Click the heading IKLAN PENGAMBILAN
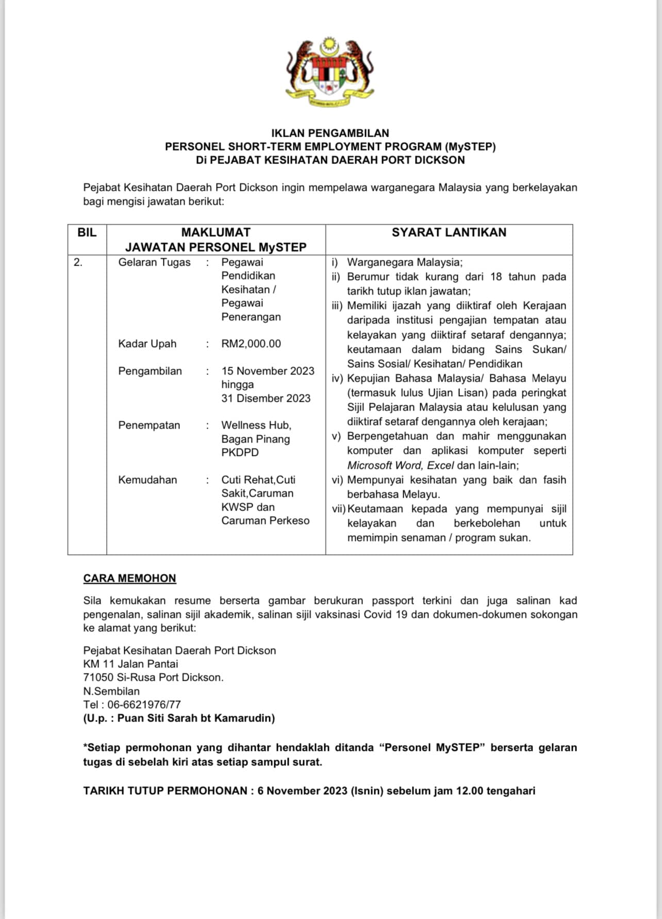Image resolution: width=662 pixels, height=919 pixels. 330,133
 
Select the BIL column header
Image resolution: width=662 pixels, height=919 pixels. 87,233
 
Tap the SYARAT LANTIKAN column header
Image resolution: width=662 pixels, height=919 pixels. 449,233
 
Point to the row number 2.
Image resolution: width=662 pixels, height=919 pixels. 78,262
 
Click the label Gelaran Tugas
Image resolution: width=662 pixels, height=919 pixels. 154,262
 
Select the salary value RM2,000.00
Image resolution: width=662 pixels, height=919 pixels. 251,344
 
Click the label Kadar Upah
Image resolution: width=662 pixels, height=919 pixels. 147,344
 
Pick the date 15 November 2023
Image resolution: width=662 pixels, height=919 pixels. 268,371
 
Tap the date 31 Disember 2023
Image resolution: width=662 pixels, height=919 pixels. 266,399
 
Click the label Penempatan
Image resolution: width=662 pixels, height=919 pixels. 149,425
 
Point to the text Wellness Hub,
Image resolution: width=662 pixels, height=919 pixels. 256,425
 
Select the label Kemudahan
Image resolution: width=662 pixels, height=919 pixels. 147,480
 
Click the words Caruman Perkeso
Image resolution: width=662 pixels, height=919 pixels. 265,521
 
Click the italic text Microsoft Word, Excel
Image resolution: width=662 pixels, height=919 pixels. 400,466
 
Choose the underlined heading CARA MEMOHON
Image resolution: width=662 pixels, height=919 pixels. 129,579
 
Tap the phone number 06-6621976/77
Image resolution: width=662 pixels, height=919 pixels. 144,705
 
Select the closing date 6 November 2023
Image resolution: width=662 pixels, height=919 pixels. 302,791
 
